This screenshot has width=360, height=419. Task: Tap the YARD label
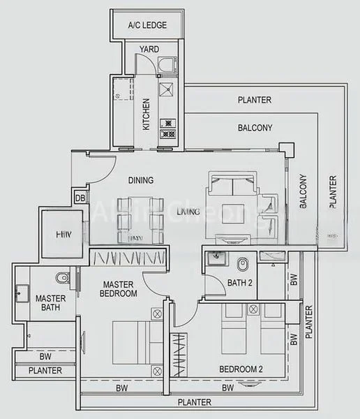(x=149, y=50)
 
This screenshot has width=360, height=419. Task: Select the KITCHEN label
(x=147, y=115)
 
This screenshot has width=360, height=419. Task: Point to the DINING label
(x=141, y=180)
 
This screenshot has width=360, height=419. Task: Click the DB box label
(x=80, y=198)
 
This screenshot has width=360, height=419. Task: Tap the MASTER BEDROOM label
(x=119, y=289)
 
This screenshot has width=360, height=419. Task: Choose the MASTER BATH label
(x=50, y=303)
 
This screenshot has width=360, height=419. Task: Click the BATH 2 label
(x=239, y=283)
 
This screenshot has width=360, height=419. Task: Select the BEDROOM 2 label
(x=241, y=369)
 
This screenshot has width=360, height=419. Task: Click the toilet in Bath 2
(x=243, y=265)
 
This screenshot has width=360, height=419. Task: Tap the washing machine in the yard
(x=167, y=66)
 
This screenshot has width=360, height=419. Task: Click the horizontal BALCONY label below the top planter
(x=255, y=128)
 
